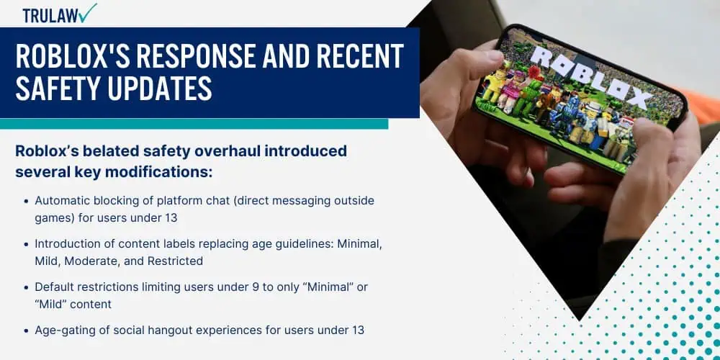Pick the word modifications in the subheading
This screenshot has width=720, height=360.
point(172,172)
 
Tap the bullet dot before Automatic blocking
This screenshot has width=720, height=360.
point(27,200)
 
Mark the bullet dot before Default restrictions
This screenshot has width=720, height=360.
point(27,287)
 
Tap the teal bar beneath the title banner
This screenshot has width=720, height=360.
point(194,124)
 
